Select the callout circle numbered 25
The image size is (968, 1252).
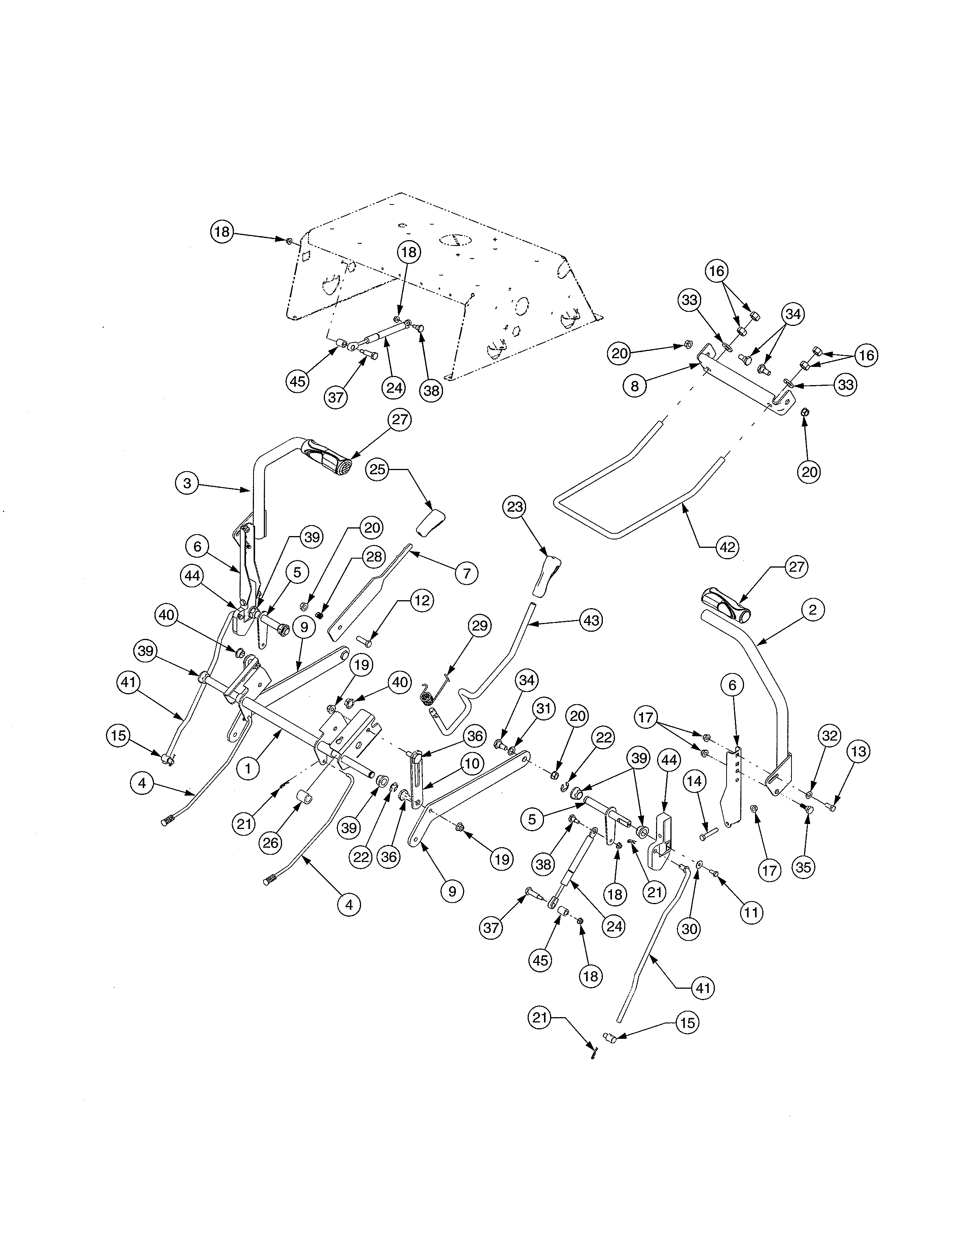coord(377,470)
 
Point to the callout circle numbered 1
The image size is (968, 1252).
coord(248,769)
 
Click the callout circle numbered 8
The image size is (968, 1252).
coord(635,386)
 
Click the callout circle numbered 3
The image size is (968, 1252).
coord(187,483)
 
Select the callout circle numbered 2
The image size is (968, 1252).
coord(813,610)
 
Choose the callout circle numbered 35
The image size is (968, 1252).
coord(803,867)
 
